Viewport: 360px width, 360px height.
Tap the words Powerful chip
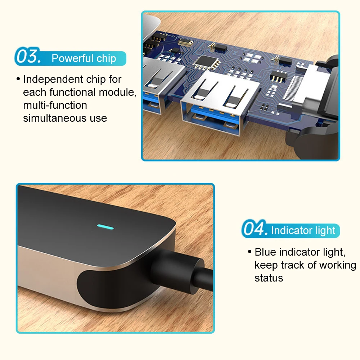pyautogui.click(x=84, y=59)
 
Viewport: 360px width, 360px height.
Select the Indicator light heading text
pyautogui.click(x=303, y=230)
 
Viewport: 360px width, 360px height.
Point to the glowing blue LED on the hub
pyautogui.click(x=105, y=228)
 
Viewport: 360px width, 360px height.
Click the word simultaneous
pyautogui.click(x=50, y=118)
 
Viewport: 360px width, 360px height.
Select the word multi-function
pyautogui.click(x=55, y=105)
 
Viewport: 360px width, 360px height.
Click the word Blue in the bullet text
pyautogui.click(x=266, y=252)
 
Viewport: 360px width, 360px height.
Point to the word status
pyautogui.click(x=269, y=278)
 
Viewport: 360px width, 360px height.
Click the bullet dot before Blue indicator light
pyautogui.click(x=249, y=252)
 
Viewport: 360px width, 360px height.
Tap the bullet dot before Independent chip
pyautogui.click(x=18, y=79)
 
